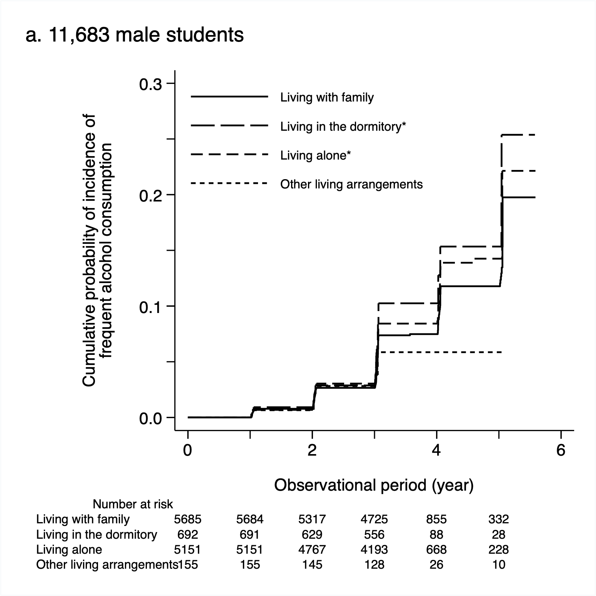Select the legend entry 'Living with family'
327,97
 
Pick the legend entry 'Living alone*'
315,155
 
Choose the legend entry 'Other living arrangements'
351,185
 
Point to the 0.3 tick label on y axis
150,84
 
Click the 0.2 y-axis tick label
150,195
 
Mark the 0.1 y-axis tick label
150,307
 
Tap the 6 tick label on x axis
561,450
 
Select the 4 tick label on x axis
436,450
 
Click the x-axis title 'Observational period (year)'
374,485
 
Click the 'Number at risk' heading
133,504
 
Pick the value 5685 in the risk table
188,519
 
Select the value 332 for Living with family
498,519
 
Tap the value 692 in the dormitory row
188,534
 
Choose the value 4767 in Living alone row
312,549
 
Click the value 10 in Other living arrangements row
498,564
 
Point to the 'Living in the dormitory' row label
97,534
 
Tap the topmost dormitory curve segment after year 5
519,135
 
